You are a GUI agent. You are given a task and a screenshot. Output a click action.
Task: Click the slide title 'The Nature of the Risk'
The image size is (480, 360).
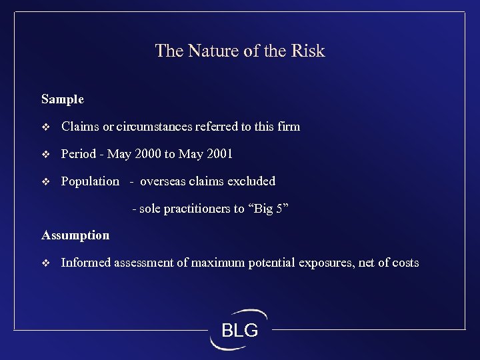coord(239,51)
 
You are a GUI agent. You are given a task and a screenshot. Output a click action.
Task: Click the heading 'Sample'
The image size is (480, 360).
coord(63,99)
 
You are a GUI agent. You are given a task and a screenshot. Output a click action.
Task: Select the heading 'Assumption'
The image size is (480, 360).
coord(75,235)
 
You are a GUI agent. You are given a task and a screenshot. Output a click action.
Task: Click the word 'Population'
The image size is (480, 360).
coord(90,181)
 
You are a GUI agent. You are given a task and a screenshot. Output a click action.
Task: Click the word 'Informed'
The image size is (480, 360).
coord(86,263)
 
